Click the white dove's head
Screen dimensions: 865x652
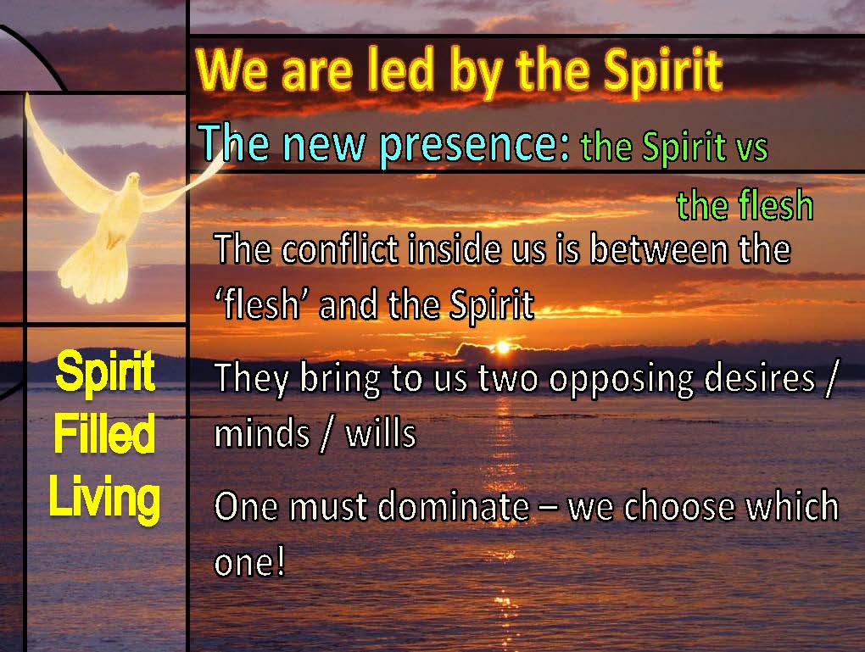pos(133,181)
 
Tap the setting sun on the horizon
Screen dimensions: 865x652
pos(503,347)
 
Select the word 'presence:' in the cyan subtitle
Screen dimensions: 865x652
pos(474,144)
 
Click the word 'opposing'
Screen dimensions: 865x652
pos(621,381)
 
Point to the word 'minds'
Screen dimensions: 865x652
pos(262,433)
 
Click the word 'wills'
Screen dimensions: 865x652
pos(381,433)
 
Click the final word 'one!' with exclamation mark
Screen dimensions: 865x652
pos(249,563)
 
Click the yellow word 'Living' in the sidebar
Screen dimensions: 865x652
pos(104,498)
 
